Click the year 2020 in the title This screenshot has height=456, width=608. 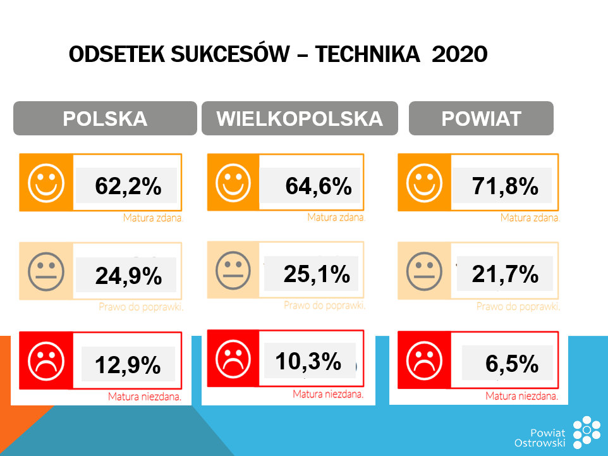(459, 55)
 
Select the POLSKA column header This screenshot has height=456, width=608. (105, 119)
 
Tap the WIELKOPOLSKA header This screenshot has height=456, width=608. (300, 119)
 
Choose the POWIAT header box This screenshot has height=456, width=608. (481, 119)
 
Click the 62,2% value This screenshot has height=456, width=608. (128, 186)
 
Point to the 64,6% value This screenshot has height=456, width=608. (318, 186)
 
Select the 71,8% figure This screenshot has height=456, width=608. (504, 186)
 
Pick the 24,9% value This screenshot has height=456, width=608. (128, 276)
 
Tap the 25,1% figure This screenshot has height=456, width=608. (317, 273)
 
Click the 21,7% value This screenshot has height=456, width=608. (504, 273)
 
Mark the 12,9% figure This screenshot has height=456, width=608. (128, 365)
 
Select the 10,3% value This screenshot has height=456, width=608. (308, 361)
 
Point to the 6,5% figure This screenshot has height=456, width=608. (512, 364)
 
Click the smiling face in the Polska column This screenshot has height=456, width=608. (46, 183)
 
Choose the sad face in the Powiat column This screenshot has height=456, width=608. (424, 360)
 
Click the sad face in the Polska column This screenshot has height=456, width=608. (46, 360)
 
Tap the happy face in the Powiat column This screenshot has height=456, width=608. (424, 183)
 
